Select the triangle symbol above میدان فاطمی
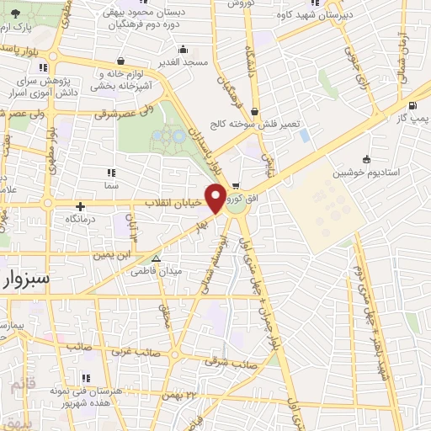pos(155,258)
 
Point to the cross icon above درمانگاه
pos(80,206)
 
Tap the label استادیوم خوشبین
pos(364,173)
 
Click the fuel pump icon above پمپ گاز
pos(412,106)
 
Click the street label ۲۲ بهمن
pos(187,395)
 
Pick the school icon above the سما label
pos(111,172)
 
